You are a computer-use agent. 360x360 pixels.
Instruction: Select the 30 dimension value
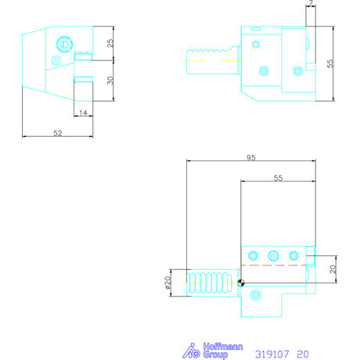pyautogui.click(x=110, y=80)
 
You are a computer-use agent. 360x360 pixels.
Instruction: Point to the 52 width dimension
pyautogui.click(x=58, y=134)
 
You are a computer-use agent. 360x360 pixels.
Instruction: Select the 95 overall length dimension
pyautogui.click(x=250, y=158)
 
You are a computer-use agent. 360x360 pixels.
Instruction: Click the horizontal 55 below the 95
pyautogui.click(x=278, y=178)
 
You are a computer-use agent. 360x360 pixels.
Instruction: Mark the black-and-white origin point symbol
pyautogui.click(x=241, y=283)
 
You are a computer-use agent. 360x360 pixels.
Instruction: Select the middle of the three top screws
pyautogui.click(x=273, y=255)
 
